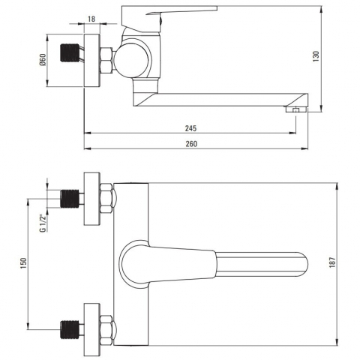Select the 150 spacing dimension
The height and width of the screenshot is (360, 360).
tap(25, 264)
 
